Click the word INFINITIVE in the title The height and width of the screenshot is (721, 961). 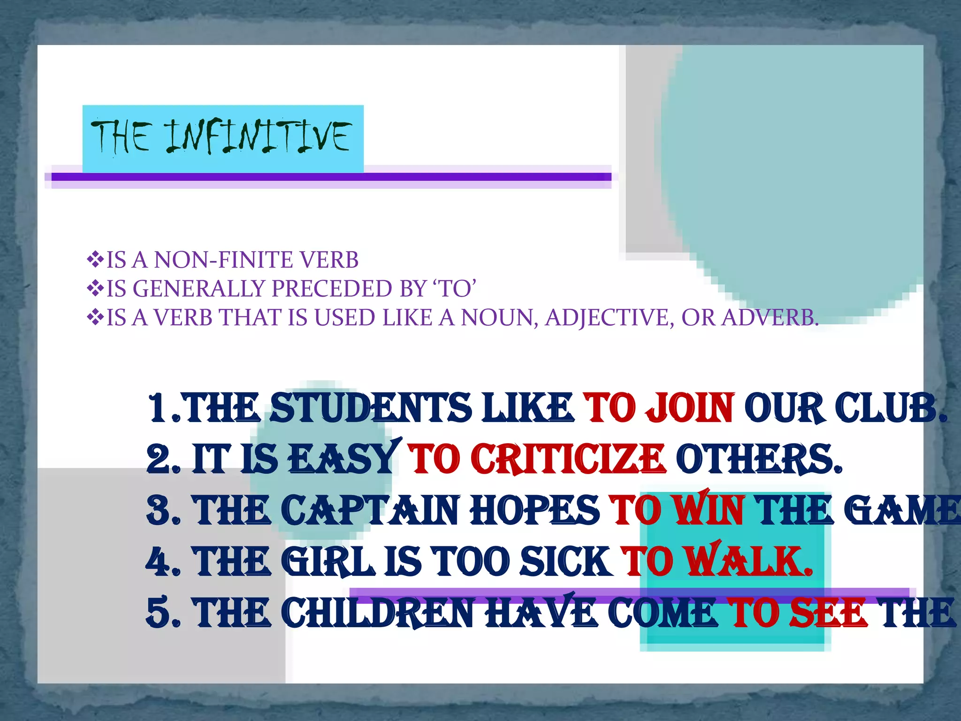[x=257, y=136]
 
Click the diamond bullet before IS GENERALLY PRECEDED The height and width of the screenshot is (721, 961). [x=95, y=288]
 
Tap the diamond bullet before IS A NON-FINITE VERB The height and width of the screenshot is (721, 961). [x=95, y=259]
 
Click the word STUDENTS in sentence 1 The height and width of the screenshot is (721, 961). [x=371, y=408]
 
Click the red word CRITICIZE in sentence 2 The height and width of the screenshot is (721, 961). [x=568, y=459]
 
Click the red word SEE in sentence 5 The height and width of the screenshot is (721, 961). [x=828, y=613]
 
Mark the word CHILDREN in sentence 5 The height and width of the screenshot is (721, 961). [x=380, y=613]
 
